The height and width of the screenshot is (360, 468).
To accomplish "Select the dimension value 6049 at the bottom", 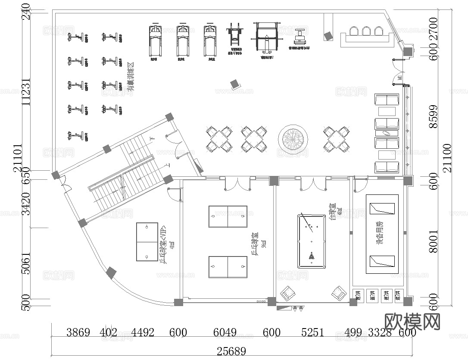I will pyautogui.click(x=225, y=332).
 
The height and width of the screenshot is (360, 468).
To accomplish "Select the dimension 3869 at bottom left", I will pyautogui.click(x=78, y=332).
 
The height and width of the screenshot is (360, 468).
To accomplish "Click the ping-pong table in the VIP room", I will pyautogui.click(x=147, y=242).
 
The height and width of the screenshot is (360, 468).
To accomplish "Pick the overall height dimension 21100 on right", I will pyautogui.click(x=448, y=157).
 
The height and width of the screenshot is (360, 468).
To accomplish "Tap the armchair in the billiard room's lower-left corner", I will pyautogui.click(x=287, y=294).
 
